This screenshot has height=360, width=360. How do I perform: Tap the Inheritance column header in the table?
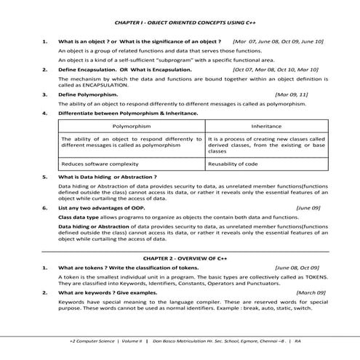265,126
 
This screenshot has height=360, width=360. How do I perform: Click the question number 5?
45,177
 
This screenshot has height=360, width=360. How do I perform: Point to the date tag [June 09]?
308,207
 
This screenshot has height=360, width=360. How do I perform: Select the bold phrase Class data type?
78,217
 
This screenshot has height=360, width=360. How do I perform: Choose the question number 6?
45,207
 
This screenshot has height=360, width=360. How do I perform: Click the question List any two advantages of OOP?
108,207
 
